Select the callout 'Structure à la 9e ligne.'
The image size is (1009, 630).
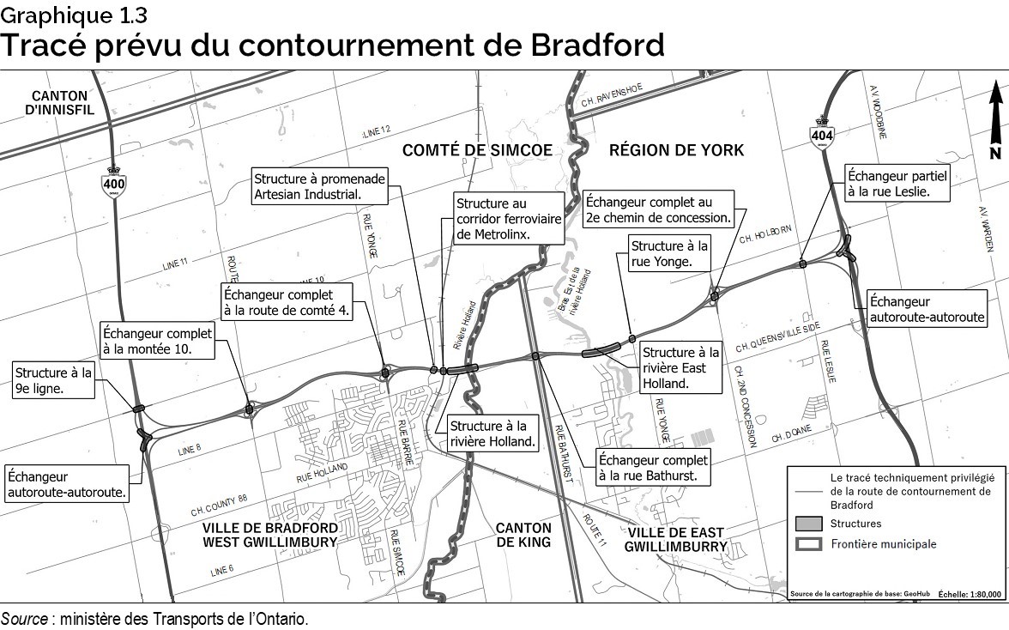(52, 379)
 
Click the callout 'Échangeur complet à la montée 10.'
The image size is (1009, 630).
(157, 341)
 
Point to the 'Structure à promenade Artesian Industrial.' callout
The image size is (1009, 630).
(319, 186)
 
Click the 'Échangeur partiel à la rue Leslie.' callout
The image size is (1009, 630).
(898, 182)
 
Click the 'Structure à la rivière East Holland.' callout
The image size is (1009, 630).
(681, 367)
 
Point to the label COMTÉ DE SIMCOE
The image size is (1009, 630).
(478, 150)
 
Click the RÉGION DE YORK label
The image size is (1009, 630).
(676, 150)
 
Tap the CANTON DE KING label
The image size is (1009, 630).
(524, 535)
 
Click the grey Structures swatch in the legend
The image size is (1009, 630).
(809, 523)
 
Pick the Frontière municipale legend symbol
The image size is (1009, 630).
(809, 544)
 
